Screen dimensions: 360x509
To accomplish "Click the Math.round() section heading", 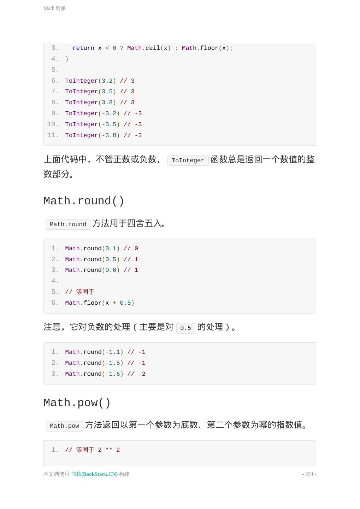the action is pos(84,201).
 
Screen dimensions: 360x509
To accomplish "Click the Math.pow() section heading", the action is pos(77,403).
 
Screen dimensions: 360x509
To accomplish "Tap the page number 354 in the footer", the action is pos(309,474).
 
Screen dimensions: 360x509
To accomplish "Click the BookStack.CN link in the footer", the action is pos(94,474).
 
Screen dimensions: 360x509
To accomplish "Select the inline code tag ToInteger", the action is pos(188,160).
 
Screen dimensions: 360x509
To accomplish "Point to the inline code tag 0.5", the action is pos(185,328).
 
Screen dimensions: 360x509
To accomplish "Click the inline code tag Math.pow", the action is pos(64,426).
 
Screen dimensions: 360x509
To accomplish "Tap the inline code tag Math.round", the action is pos(68,224).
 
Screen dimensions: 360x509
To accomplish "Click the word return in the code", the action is pos(83,48).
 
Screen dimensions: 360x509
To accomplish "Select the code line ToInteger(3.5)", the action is pos(100,92).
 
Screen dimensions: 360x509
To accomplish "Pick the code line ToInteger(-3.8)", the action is pos(103,135).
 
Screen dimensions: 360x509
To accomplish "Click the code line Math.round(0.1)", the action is pos(101,248).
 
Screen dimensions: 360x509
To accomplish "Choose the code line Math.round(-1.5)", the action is pos(105,363).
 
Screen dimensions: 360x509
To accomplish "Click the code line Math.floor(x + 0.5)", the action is pos(100,303).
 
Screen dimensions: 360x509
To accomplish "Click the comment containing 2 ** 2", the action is pos(93,450).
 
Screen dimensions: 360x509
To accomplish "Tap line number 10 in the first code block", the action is pos(53,124).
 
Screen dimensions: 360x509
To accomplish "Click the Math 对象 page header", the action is pos(55,8).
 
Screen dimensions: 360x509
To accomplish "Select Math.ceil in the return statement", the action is pos(143,48).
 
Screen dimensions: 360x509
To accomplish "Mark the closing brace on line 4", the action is pos(67,59).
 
